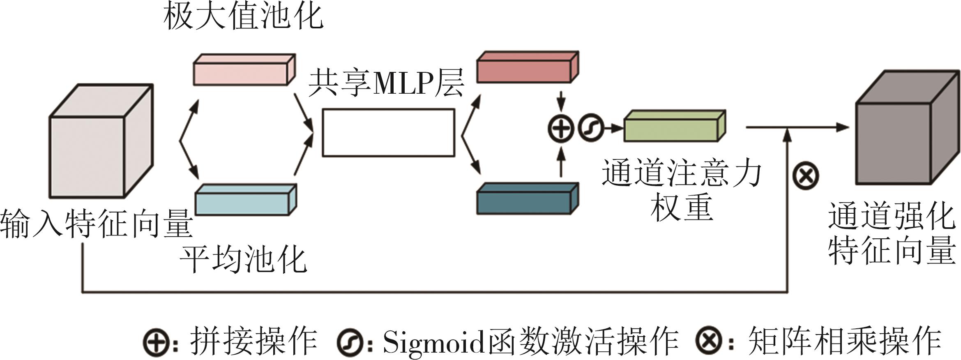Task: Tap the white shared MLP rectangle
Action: [388, 132]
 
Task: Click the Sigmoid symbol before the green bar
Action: [591, 129]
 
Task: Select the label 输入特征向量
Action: [97, 224]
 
